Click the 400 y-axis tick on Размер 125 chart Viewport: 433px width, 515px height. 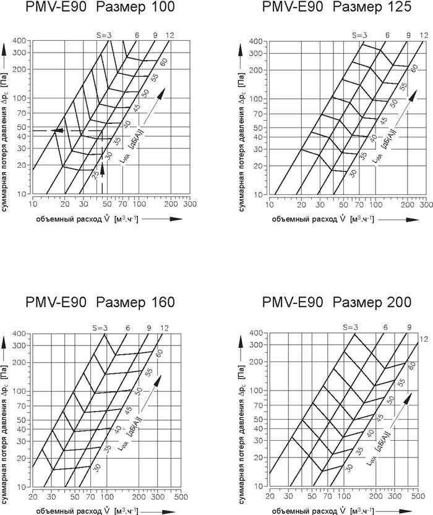coord(257,41)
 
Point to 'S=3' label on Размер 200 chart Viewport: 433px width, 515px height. coord(349,327)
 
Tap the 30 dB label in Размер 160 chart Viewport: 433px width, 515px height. coord(96,469)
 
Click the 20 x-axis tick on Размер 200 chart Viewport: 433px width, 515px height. coord(270,496)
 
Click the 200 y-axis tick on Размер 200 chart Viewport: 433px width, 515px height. coord(257,363)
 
